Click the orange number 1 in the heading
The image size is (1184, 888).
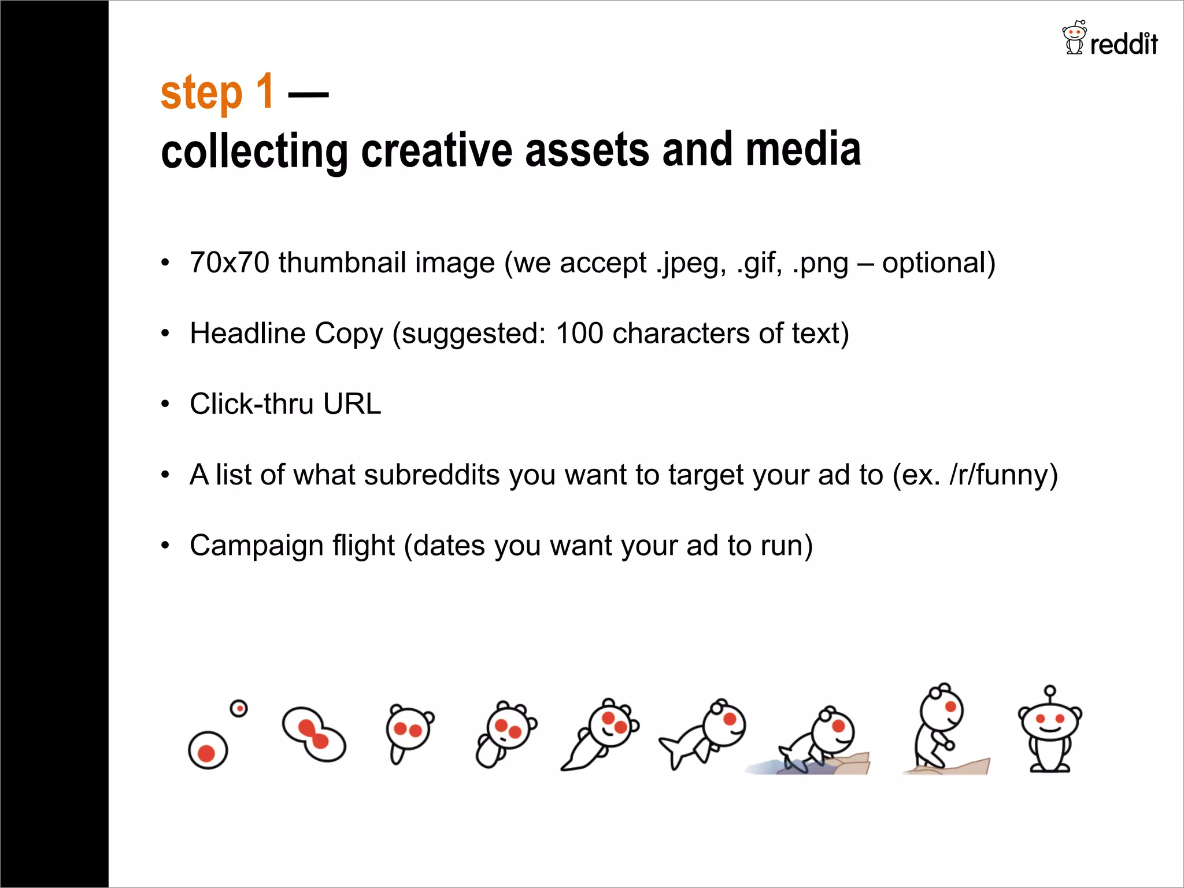(x=265, y=91)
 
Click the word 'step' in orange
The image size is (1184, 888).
(x=201, y=94)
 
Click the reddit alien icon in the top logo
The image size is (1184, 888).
(x=1074, y=38)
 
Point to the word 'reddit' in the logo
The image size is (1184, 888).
(x=1123, y=44)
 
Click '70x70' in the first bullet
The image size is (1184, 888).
(x=230, y=262)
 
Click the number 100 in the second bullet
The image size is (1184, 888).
(x=579, y=334)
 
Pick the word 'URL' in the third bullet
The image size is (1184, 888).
(x=352, y=404)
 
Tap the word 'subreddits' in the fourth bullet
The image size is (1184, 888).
(x=431, y=475)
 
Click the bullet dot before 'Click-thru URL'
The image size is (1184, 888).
(x=165, y=404)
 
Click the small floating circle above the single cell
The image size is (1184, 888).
(x=239, y=708)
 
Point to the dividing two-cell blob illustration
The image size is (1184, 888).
(x=314, y=734)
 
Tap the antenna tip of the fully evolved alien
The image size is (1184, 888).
(x=1050, y=691)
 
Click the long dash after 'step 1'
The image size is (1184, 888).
(x=308, y=94)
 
